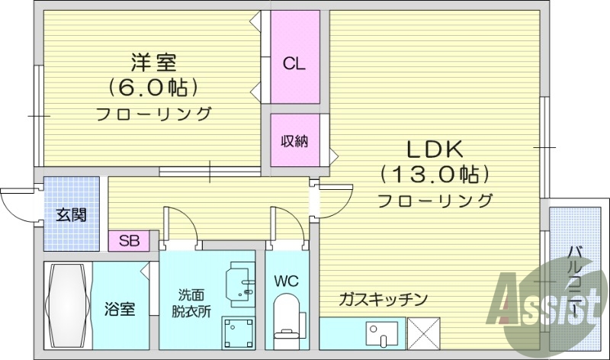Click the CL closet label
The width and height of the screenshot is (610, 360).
294,64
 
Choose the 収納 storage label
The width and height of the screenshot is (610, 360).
294,141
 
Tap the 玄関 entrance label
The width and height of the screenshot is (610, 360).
71,214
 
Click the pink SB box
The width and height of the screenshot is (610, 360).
130,241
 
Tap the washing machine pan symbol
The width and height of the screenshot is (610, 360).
238,331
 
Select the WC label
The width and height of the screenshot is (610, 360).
286,281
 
